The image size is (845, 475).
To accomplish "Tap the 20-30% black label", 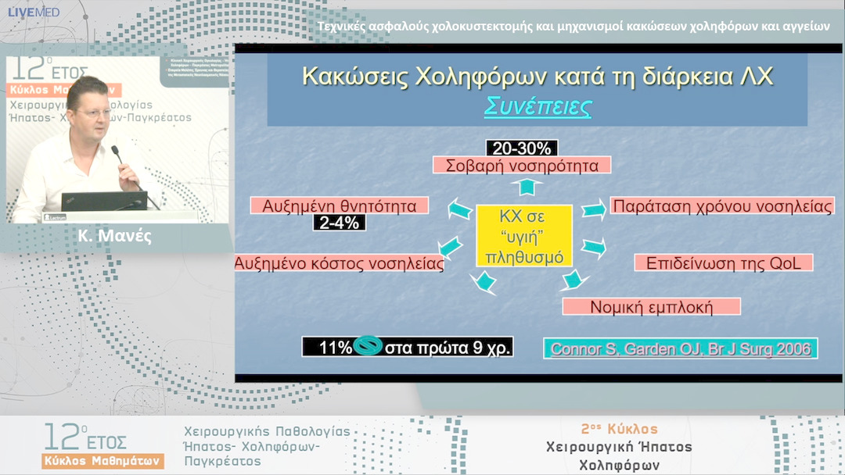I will (522, 148).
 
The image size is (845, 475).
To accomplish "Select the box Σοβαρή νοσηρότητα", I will (522, 165).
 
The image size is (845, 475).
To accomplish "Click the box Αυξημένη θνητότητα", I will (340, 205).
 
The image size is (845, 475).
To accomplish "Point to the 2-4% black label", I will (339, 223).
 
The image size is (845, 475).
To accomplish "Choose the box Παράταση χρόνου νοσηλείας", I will (721, 206).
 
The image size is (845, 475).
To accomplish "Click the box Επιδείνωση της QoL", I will (724, 262).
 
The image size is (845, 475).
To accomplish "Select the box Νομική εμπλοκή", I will (651, 306).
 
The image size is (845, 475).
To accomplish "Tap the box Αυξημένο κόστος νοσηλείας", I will (340, 264).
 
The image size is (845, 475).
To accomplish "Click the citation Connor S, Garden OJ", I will (680, 348).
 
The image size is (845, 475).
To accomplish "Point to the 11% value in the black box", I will (336, 348).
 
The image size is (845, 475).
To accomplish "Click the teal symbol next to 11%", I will (367, 347).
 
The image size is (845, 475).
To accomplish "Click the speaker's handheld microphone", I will (117, 153).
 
